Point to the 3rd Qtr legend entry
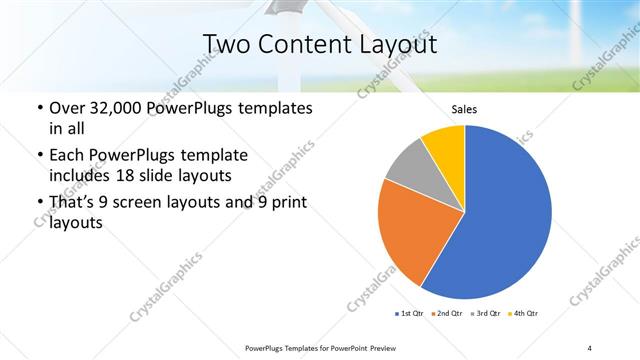tap(487, 314)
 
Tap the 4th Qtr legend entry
tap(526, 314)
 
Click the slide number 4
tap(589, 347)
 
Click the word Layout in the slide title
tap(401, 44)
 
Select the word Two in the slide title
tap(224, 44)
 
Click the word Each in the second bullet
tap(67, 155)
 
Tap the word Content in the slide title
tap(304, 44)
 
